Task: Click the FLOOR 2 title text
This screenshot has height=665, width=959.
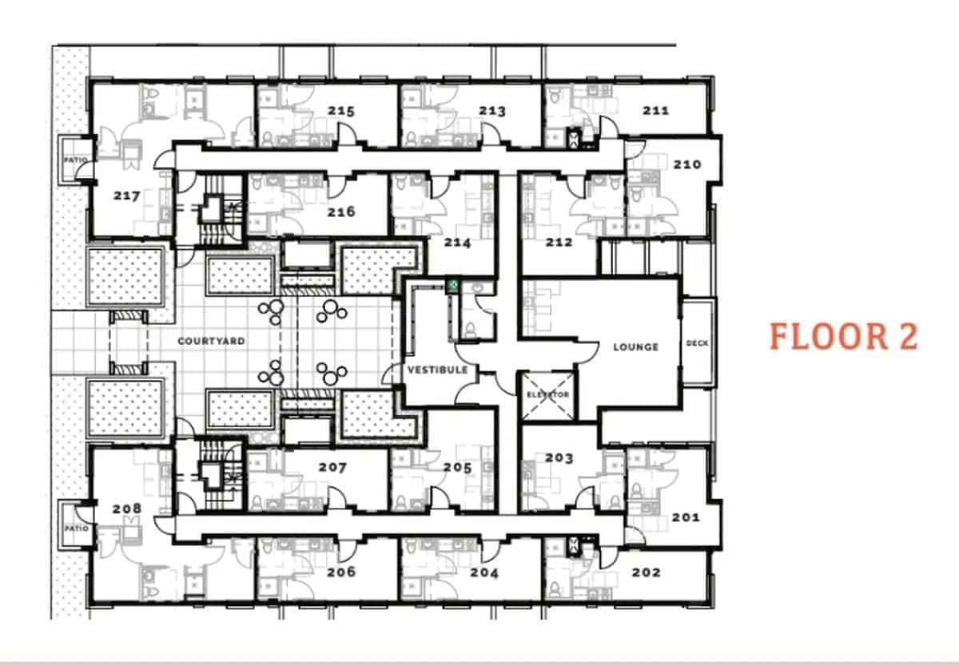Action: point(843,336)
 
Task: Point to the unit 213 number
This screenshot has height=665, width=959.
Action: point(492,110)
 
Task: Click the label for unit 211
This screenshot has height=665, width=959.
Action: point(655,110)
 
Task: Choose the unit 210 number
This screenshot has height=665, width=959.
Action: point(686,164)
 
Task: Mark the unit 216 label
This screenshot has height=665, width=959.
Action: point(340,212)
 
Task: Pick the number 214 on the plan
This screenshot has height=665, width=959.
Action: point(458,243)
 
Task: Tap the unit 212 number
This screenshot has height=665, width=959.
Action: point(559,242)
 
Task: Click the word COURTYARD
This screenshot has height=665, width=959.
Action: point(211,341)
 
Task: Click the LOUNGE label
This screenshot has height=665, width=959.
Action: point(635,346)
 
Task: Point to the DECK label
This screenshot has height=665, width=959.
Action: point(697,343)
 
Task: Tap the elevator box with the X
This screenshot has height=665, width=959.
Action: point(547,395)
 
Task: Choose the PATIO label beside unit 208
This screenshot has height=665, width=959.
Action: point(77,528)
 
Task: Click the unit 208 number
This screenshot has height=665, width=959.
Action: point(126,509)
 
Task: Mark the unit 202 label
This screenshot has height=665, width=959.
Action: point(646,572)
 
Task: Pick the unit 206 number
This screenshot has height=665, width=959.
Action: point(340,572)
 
